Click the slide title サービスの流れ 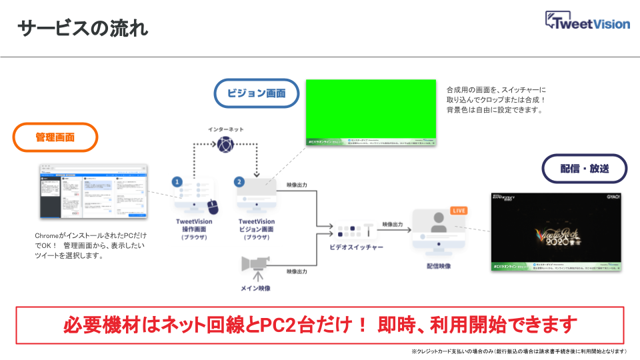[x=83, y=29]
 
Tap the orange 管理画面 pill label [x=55, y=138]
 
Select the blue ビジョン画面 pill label [x=256, y=93]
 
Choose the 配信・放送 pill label [x=585, y=169]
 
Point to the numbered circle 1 [x=177, y=181]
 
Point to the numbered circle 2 [x=239, y=181]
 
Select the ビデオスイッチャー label [x=356, y=247]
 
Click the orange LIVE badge [x=459, y=211]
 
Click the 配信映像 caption [x=438, y=266]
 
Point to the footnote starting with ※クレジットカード [x=519, y=351]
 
